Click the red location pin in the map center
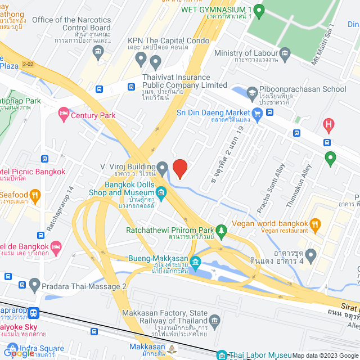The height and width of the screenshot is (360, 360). (x=179, y=168)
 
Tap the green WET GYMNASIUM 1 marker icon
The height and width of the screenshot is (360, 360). (x=259, y=10)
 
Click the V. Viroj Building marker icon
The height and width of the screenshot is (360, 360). (x=162, y=167)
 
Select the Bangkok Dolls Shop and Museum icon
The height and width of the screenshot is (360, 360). (x=161, y=193)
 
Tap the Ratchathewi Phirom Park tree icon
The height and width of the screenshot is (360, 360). (x=223, y=230)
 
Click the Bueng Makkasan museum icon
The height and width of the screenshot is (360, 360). (x=195, y=262)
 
